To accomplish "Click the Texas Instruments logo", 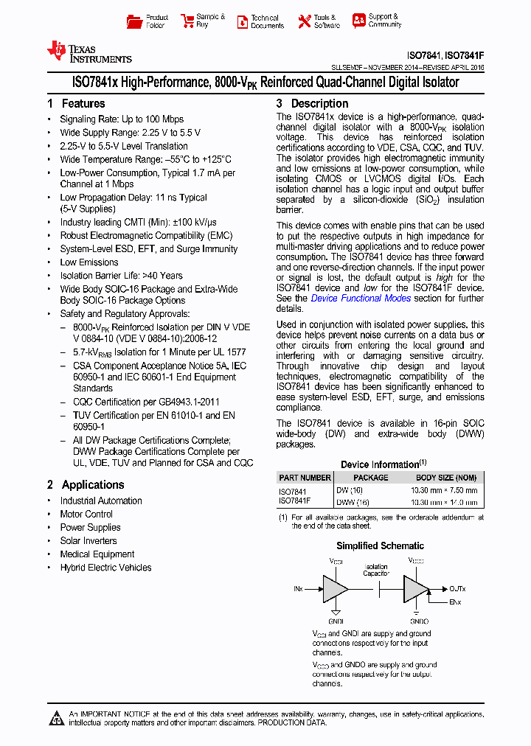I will coord(88,52).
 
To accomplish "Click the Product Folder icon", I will coord(134,21).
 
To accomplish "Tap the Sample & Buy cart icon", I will coord(186,21).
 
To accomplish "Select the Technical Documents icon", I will coord(243,21).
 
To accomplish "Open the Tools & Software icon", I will coord(304,21).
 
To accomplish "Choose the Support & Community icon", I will coord(358,21).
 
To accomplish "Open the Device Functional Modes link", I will coord(361,299).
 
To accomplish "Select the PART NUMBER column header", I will coord(305,478).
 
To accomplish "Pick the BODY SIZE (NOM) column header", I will coord(446,478).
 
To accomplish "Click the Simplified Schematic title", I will coord(380,546).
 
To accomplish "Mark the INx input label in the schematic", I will coord(298,589).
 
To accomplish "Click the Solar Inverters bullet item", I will coord(88,541).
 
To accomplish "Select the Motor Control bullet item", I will coord(86,515).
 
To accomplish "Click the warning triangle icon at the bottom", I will coord(58,719).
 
